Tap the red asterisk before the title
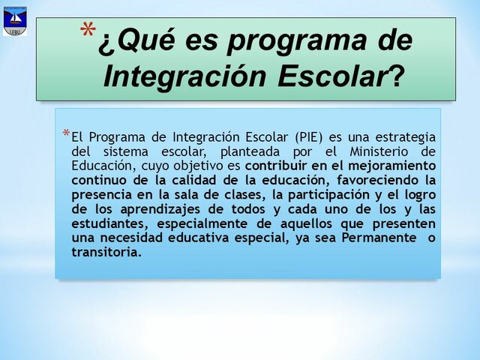point(88,33)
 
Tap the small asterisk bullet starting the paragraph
point(66,135)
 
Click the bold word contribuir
point(277,166)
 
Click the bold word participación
point(321,195)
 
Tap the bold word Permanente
point(376,238)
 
